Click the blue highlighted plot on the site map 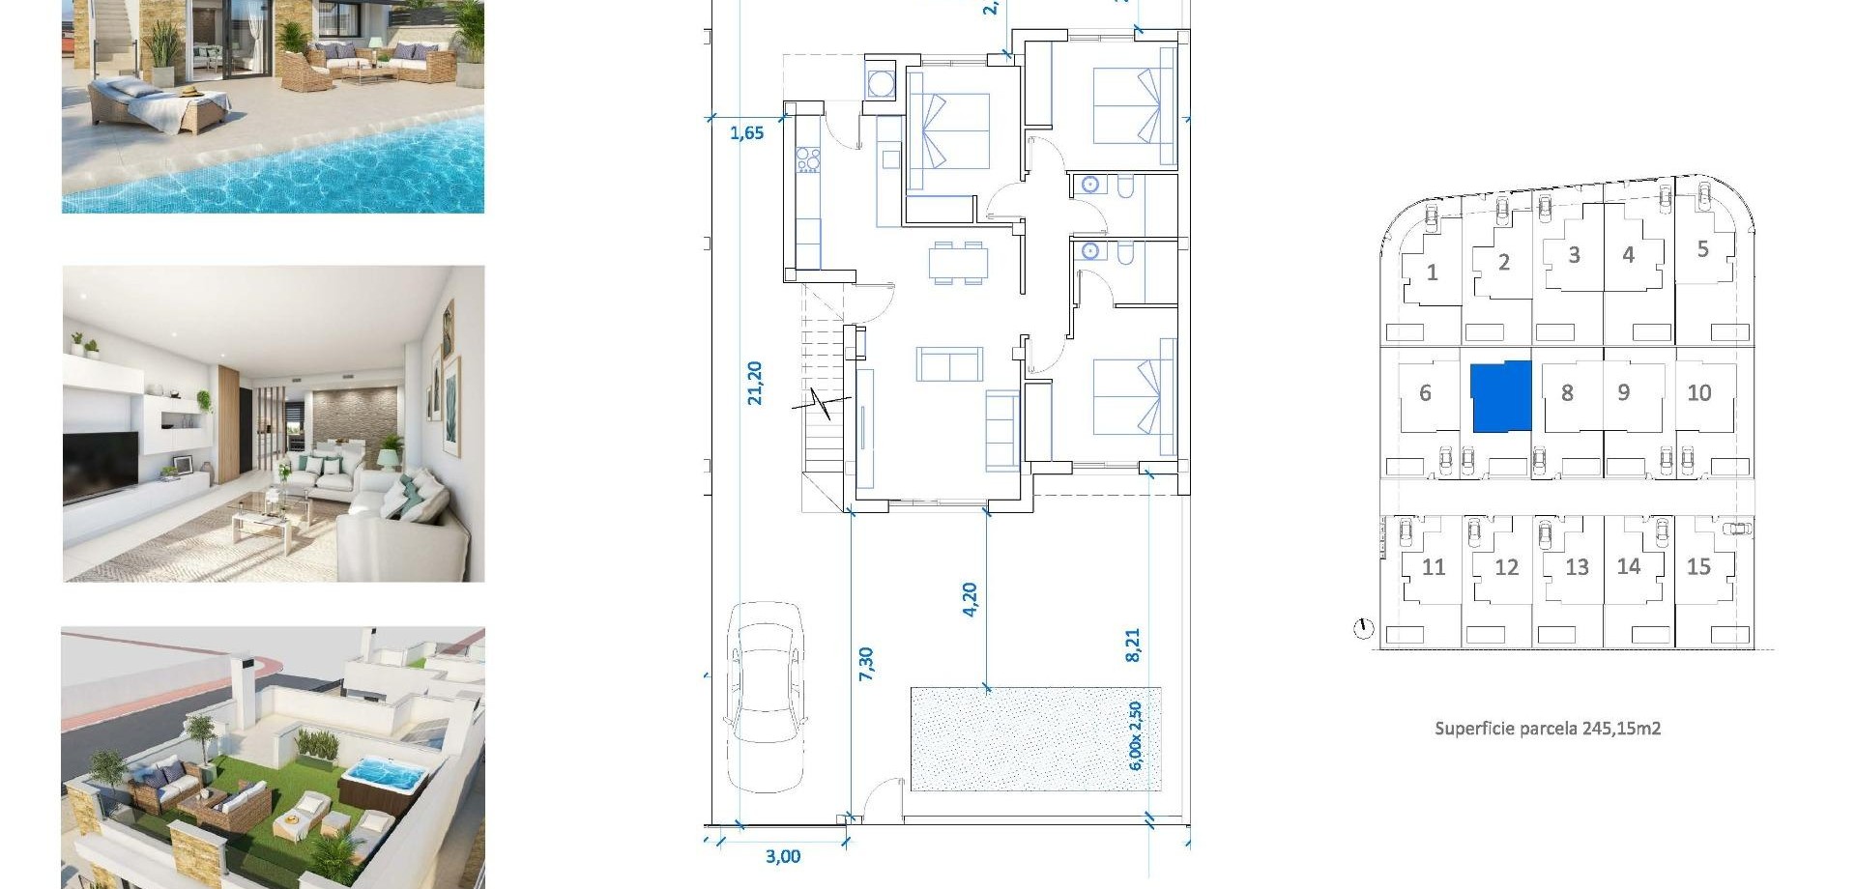1500,396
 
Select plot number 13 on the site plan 1577,567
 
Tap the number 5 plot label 1702,249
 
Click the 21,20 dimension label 755,383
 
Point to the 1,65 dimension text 746,133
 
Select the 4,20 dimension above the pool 970,598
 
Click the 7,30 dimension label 866,664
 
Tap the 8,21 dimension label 1133,645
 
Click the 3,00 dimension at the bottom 782,856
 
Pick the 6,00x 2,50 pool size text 1136,735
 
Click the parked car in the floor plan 766,696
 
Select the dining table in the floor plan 958,263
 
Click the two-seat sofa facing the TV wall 949,365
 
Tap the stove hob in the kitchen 807,159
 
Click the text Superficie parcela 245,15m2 1547,729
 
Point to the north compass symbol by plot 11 1363,629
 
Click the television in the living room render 100,466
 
